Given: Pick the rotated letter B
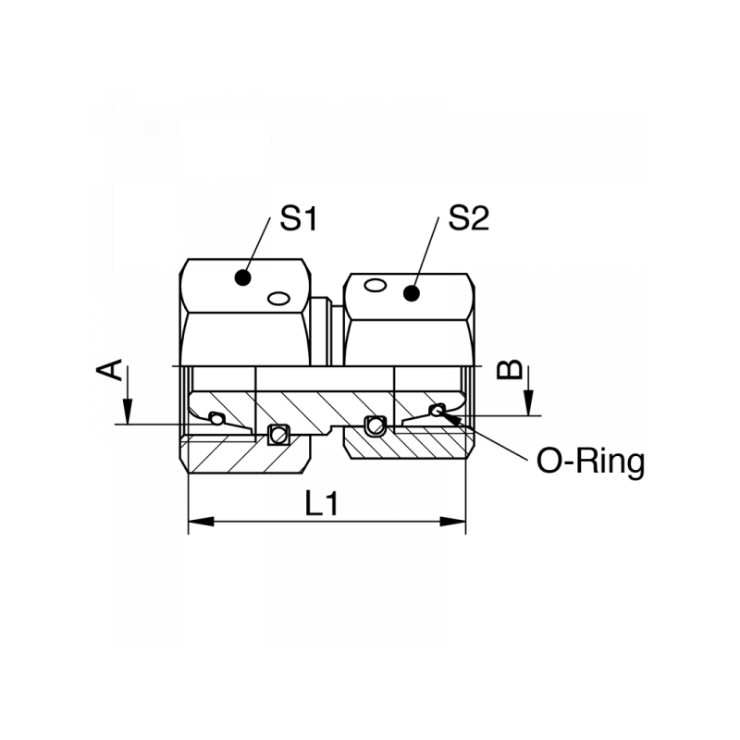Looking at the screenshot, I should [x=510, y=370].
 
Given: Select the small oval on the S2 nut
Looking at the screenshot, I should [x=374, y=285].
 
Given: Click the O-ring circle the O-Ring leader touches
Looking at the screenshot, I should [x=436, y=410].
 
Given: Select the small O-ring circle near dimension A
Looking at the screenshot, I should [x=216, y=418].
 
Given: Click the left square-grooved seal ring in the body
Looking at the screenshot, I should [x=276, y=433].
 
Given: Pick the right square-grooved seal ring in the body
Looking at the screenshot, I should [x=373, y=425].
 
